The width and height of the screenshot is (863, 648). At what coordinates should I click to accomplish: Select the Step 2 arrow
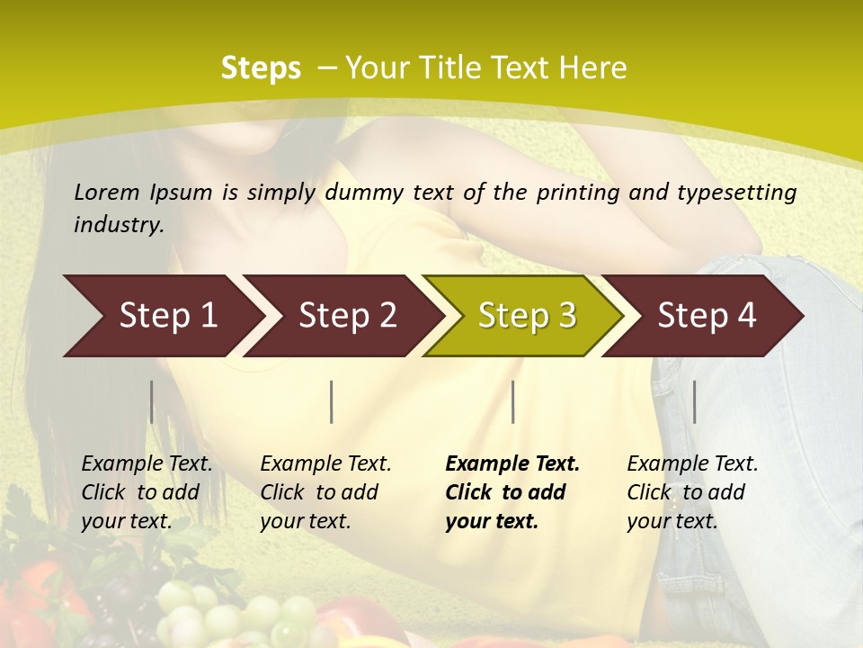click(x=346, y=316)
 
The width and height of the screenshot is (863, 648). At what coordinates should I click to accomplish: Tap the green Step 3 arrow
click(x=526, y=316)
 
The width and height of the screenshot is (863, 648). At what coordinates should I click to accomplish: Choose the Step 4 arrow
click(x=707, y=316)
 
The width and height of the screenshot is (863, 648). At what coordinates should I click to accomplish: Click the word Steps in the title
click(x=261, y=68)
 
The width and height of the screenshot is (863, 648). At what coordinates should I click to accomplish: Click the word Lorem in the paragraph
click(x=106, y=192)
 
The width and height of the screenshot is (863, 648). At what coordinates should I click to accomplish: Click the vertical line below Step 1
click(x=152, y=401)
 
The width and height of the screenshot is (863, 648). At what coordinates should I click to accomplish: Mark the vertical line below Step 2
click(x=332, y=401)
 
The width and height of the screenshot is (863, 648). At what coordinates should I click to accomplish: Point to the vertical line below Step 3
click(x=512, y=401)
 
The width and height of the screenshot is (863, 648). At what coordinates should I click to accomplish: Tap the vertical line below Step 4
click(x=694, y=401)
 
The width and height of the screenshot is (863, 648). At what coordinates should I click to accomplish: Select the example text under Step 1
click(x=147, y=492)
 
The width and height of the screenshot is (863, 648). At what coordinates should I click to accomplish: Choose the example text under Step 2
click(x=325, y=492)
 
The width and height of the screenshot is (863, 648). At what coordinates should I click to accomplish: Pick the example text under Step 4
click(x=692, y=492)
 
